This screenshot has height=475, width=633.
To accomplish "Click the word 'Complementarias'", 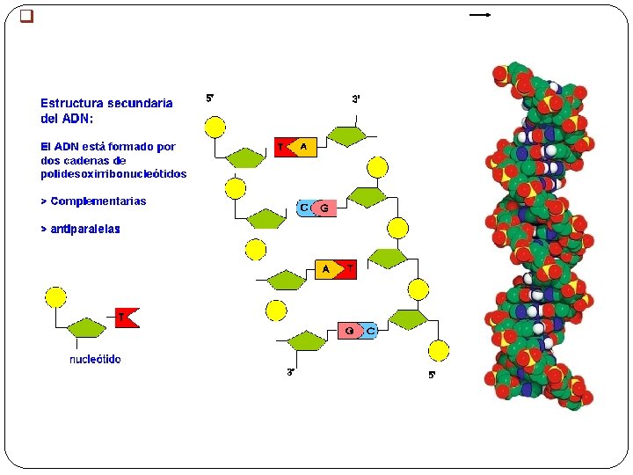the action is tap(98, 201).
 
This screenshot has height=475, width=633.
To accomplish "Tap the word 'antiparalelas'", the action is tap(85, 229).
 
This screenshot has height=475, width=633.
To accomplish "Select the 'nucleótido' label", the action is tap(95, 359).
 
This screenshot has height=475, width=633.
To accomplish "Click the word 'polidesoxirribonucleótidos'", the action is tap(113, 173).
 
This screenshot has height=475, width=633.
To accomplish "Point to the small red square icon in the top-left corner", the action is tap(26, 16).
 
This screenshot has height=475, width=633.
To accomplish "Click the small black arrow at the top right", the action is tap(480, 15).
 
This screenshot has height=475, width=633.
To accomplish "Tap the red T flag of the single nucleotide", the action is tap(127, 318).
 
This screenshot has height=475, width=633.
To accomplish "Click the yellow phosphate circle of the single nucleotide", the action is tap(55, 297).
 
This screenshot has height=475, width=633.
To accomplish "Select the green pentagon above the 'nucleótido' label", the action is tap(87, 327).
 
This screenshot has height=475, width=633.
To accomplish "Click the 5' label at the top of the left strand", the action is tap(210, 99).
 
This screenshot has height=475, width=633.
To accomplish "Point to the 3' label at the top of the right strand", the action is tap(356, 99).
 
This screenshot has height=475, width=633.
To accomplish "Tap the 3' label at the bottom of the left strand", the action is tap(291, 372).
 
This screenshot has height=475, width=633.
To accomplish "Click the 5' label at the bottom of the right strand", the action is tap(432, 375).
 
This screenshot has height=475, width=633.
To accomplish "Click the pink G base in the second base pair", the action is tap(324, 208).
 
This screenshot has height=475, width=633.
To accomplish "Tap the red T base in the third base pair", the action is tap(348, 269).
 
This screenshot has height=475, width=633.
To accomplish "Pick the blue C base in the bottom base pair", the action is tap(369, 332).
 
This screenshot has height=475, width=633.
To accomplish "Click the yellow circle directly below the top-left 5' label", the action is tap(215, 128).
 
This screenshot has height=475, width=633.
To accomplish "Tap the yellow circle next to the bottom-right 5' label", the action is tap(439, 351).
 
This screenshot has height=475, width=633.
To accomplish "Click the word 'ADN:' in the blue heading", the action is tap(77, 119).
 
